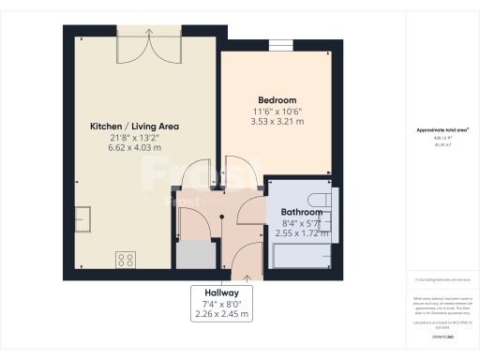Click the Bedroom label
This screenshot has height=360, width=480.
click(277, 100)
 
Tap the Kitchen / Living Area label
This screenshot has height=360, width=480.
click(134, 126)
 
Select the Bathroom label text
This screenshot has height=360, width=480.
click(302, 212)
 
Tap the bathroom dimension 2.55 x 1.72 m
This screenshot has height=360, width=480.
click(302, 234)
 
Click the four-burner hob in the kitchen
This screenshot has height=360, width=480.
click(126, 258)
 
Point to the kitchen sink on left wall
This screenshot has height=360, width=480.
click(82, 217)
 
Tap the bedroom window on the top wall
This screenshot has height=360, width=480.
click(278, 45)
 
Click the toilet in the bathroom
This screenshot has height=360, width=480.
click(320, 199)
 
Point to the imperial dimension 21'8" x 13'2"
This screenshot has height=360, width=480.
click(134, 138)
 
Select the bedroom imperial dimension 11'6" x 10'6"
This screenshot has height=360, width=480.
click(277, 112)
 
